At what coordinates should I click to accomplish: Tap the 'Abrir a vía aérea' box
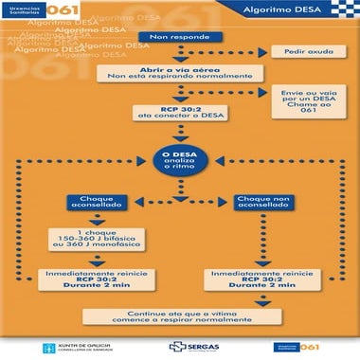point(172,74)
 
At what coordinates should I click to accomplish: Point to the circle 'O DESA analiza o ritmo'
point(179,157)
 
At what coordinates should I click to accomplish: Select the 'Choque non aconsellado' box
point(261,202)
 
